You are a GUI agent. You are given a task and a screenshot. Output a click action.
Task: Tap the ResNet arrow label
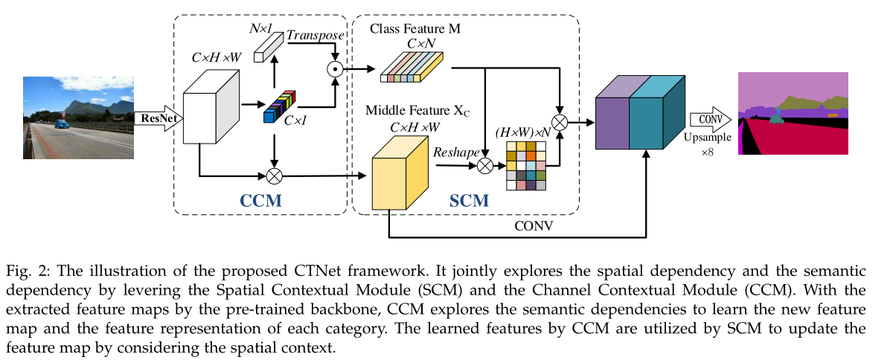157,117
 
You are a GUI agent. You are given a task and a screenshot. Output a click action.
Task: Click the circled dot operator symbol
335,70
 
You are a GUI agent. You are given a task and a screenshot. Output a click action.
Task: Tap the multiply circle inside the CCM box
275,176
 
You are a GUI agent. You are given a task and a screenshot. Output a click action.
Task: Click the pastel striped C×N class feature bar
412,67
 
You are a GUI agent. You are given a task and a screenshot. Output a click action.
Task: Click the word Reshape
455,151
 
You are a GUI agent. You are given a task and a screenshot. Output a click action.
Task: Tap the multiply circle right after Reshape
485,166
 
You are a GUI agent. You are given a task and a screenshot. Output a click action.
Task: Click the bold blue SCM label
470,201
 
